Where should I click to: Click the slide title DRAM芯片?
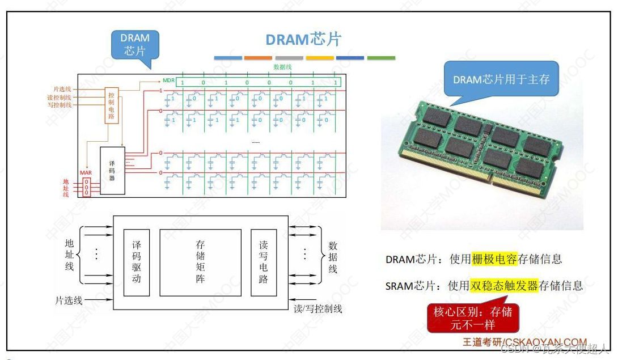(303, 39)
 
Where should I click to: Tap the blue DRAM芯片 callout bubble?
(135, 45)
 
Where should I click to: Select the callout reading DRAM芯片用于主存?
(501, 79)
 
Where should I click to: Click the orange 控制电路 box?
(111, 105)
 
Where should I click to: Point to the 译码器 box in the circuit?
(112, 170)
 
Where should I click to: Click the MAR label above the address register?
(86, 172)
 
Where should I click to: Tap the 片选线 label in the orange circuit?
(62, 90)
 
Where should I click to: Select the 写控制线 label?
(60, 105)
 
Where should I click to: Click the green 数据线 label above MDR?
(282, 67)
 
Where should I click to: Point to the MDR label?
(168, 81)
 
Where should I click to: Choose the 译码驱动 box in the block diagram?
(136, 262)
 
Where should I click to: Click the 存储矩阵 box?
(200, 262)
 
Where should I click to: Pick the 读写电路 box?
(264, 262)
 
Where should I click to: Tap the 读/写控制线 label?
(318, 309)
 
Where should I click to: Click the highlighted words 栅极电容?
(494, 259)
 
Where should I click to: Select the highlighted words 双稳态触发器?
(503, 285)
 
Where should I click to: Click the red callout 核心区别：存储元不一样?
(472, 318)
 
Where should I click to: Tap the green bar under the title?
(381, 58)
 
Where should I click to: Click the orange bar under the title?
(259, 58)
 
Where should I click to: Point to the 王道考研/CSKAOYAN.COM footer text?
(524, 342)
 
